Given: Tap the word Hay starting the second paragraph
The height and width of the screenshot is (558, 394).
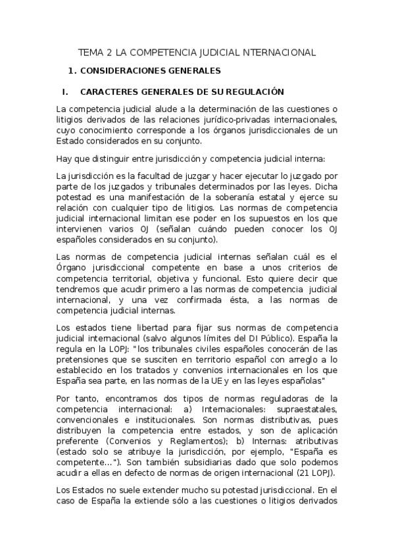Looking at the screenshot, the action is coord(64,158).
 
